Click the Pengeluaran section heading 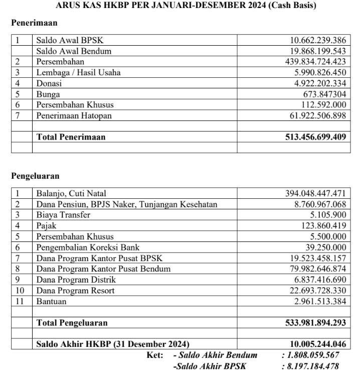[x=36, y=176]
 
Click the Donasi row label [x=49, y=83]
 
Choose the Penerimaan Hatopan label [x=74, y=115]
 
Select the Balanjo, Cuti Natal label [x=71, y=193]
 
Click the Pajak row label [x=46, y=225]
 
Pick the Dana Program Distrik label [x=76, y=279]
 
